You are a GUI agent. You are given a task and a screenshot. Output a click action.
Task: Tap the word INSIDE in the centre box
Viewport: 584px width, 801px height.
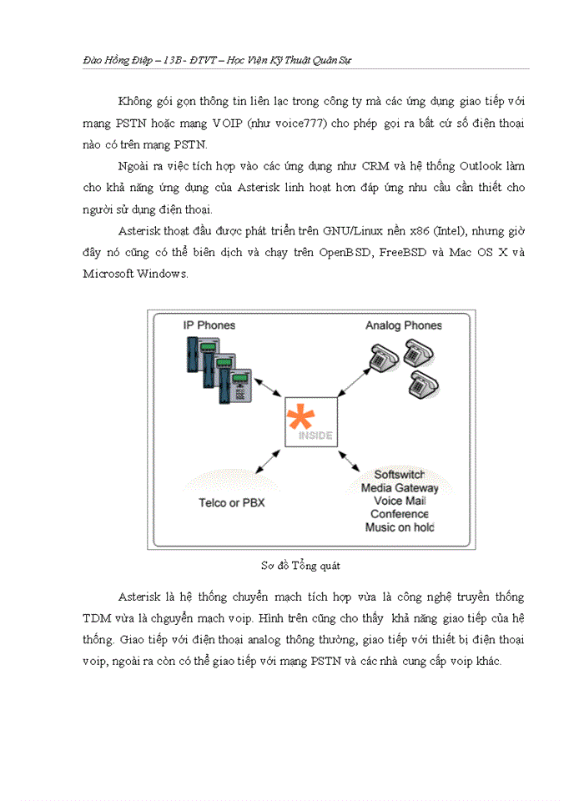pyautogui.click(x=315, y=436)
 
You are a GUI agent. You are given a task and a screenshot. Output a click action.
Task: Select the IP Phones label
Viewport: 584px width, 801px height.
pyautogui.click(x=209, y=325)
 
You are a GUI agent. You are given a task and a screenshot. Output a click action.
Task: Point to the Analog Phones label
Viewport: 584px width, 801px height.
pyautogui.click(x=403, y=325)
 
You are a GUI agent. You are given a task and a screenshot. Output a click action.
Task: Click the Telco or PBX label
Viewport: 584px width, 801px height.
pyautogui.click(x=232, y=502)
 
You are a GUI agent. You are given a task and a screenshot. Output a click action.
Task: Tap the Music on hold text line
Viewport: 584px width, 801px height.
pyautogui.click(x=400, y=527)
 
